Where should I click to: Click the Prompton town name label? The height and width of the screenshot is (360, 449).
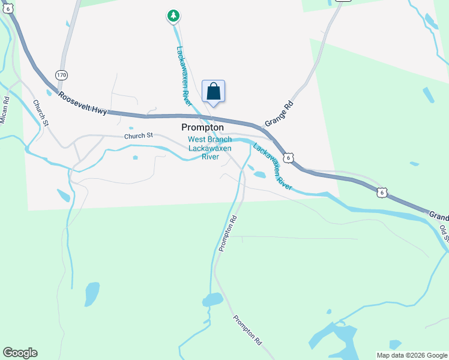point(202,128)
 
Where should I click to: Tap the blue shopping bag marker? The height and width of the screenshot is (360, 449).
point(213,92)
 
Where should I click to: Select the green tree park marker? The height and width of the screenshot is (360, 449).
point(173,16)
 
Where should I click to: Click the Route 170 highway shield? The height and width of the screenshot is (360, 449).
point(61,75)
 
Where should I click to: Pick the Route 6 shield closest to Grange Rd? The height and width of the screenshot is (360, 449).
point(289,157)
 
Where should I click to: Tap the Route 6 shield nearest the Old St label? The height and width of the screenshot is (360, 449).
point(382,192)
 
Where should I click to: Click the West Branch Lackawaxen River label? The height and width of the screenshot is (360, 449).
point(209,148)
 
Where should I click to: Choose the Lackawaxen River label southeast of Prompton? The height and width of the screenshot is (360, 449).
point(273,167)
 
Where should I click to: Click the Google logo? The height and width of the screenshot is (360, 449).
point(20,353)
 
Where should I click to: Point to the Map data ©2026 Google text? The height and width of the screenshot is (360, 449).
point(412,355)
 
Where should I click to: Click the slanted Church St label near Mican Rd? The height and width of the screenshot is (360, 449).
point(40,112)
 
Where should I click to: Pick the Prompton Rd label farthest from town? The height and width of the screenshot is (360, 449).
point(247,329)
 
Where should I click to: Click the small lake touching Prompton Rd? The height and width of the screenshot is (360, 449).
point(212,299)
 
